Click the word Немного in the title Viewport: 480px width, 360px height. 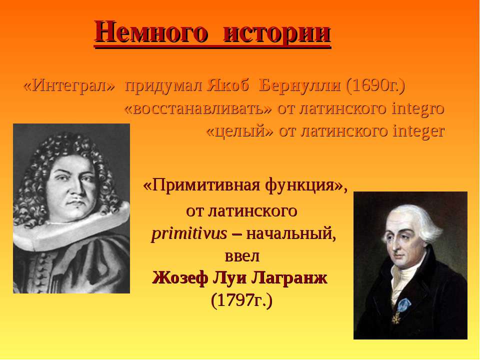point(149,32)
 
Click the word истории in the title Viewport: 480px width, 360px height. point(277,32)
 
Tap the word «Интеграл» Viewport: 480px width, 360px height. point(69,85)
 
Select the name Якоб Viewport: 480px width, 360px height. point(228,85)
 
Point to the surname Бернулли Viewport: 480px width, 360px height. point(299,85)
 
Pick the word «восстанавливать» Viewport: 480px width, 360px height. point(198,108)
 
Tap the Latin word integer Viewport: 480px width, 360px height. point(419,131)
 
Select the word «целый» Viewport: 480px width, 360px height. point(239,131)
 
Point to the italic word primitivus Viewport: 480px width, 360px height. point(189,234)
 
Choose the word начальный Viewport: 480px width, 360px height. point(291,234)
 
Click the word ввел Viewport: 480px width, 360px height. point(242,256)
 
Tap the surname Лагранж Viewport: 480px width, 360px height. point(289,278)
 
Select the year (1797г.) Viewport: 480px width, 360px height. point(241,300)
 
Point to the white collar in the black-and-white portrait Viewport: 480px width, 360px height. point(70,226)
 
